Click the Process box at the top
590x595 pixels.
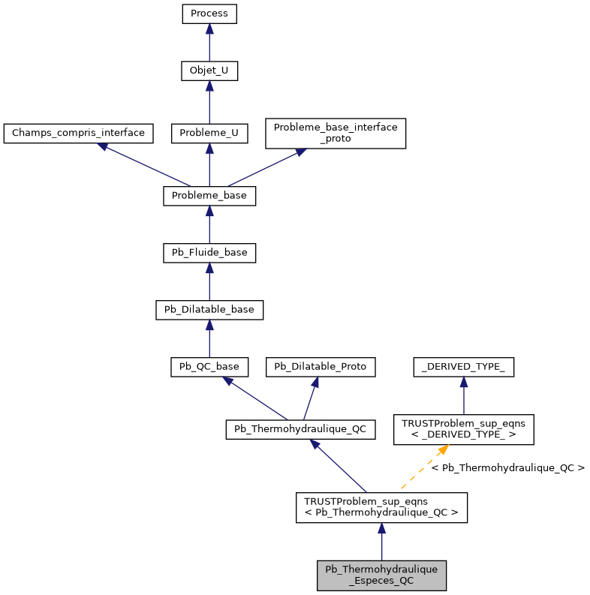pos(209,14)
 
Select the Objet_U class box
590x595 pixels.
pos(209,71)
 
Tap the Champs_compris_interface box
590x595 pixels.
pos(78,134)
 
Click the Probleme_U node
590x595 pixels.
pos(209,134)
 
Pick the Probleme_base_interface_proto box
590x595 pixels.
pos(336,133)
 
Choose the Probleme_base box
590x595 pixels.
pos(209,196)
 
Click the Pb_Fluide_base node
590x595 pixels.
pos(209,253)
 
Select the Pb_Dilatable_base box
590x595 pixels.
pos(209,310)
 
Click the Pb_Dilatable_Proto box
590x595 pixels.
pos(321,367)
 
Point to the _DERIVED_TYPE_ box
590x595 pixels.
pos(463,367)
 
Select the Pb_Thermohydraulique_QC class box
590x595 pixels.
pos(300,429)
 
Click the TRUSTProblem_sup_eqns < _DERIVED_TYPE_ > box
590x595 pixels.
pos(463,429)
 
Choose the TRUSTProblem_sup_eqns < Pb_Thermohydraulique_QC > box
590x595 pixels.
pos(381,508)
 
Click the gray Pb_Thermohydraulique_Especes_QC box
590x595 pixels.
pos(381,575)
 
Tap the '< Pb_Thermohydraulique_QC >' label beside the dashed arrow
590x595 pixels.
pos(507,468)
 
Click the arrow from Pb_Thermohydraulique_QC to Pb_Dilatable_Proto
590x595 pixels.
pos(310,398)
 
